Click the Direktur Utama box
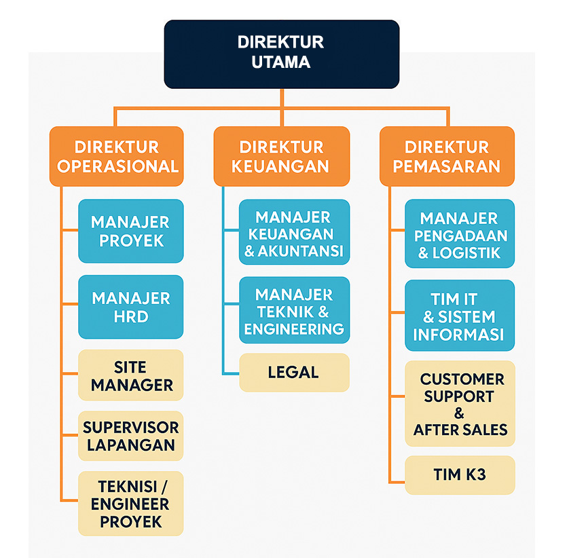pos(281,54)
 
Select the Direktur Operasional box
pos(117,157)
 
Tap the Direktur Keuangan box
pos(280,157)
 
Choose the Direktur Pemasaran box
pos(446,157)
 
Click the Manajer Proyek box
pos(130,231)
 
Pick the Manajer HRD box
pos(130,307)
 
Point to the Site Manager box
pos(130,376)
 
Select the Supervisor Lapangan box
pos(130,436)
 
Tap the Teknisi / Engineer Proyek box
pos(130,504)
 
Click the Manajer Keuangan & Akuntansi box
pos(294,235)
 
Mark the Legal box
pos(294,372)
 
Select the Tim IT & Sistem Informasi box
pos(459,316)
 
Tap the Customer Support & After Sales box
pos(460,404)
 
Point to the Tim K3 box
pos(460,475)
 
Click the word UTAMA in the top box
pos(281,62)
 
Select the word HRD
pos(130,316)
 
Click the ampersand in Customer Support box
pos(460,413)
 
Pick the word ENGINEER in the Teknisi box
pos(130,504)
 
